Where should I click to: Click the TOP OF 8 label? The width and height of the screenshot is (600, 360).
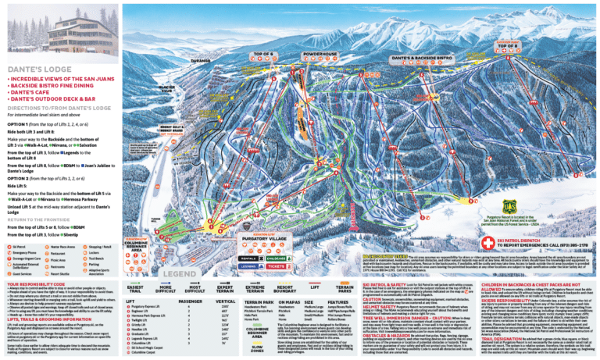pyautogui.click(x=509, y=47)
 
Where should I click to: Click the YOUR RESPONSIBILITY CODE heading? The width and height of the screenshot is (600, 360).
pyautogui.click(x=40, y=283)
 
